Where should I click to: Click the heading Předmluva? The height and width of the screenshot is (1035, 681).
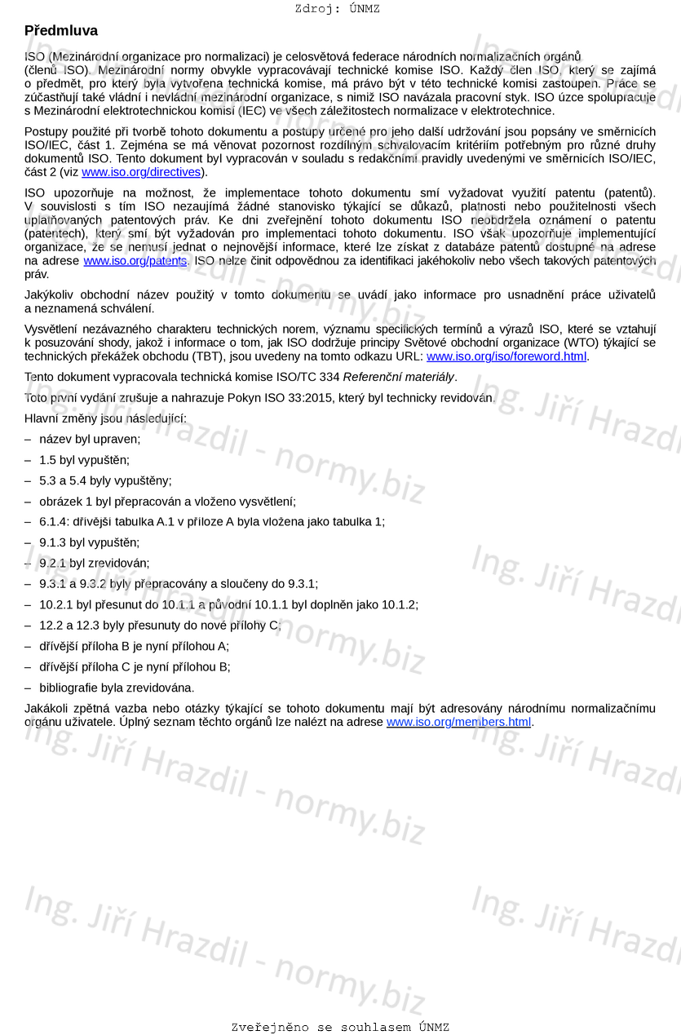point(61,31)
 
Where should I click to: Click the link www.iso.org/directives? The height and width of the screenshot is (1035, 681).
point(141,172)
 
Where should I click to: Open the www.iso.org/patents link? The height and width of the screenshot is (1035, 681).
point(135,261)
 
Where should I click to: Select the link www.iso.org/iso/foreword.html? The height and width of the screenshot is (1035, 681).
point(506,356)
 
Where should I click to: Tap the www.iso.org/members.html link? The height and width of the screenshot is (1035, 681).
point(458,722)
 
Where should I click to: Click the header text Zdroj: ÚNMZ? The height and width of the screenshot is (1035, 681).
point(338,9)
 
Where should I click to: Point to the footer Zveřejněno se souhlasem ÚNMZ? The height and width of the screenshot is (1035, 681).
point(340,1028)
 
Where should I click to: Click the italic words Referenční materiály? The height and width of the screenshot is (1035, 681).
point(399,377)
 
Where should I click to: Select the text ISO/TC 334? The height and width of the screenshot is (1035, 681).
point(311,377)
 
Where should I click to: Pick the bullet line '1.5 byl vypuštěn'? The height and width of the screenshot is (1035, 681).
point(84,460)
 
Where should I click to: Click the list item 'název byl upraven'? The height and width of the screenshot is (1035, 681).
point(90,439)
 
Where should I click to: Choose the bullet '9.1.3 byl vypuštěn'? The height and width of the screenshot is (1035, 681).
point(90,542)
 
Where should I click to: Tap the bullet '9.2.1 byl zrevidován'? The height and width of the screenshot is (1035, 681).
point(95,563)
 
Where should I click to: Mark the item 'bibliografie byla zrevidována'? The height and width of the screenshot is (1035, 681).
point(117,688)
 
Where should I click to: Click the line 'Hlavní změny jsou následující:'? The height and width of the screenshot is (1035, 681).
point(105,418)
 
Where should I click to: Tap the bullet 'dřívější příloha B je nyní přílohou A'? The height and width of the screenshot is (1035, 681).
point(134,646)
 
